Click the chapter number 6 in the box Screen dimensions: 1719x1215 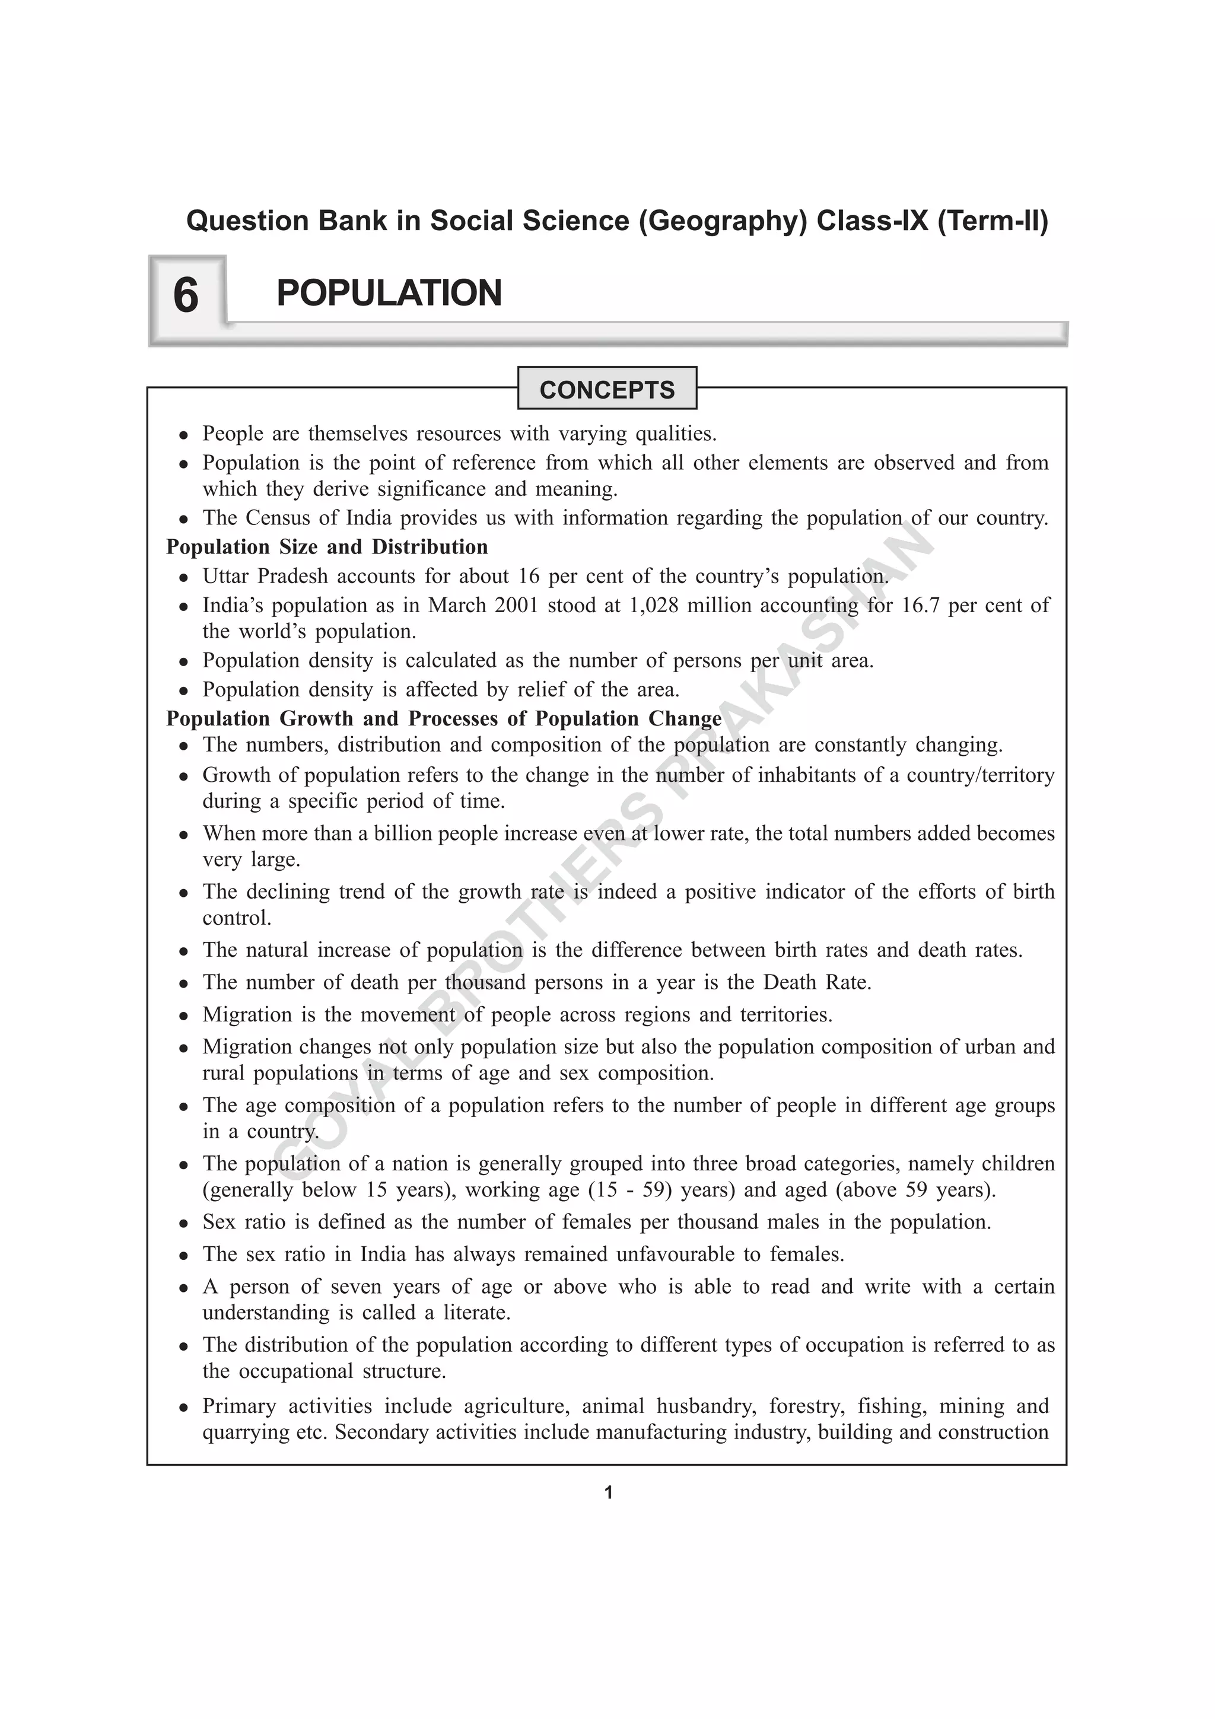186,295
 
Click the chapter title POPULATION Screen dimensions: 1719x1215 389,293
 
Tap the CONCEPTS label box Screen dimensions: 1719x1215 606,389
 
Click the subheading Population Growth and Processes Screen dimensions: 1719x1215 443,719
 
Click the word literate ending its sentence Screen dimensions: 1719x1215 476,1313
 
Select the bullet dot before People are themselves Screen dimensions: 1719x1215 183,435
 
